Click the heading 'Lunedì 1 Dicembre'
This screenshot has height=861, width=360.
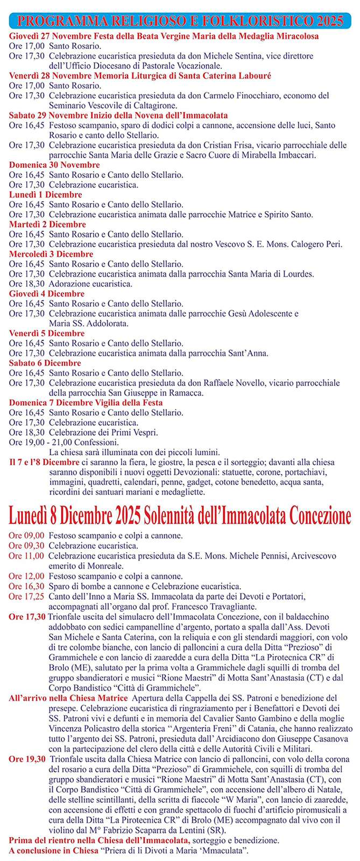pyautogui.click(x=46, y=195)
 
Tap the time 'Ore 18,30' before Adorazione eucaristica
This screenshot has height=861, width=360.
pyautogui.click(x=27, y=284)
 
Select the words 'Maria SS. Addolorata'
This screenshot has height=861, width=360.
pyautogui.click(x=88, y=323)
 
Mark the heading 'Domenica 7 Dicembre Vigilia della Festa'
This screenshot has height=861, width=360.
pyautogui.click(x=86, y=403)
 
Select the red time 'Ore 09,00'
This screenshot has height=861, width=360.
pyautogui.click(x=26, y=536)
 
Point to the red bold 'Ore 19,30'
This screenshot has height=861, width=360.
pyautogui.click(x=27, y=759)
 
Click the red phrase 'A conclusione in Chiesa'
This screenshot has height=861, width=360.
pyautogui.click(x=54, y=851)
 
